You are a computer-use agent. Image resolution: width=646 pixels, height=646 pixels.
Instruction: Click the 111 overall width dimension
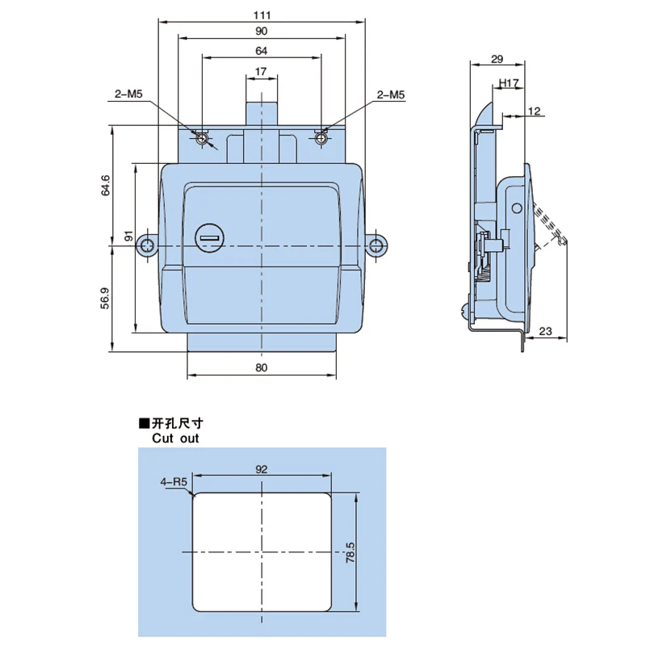coord(262,15)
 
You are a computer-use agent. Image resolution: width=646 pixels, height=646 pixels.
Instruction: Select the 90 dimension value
coord(261,31)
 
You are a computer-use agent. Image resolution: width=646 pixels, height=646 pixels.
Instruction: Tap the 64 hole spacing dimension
coord(261,51)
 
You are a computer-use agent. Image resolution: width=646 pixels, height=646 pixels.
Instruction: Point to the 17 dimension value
coord(261,72)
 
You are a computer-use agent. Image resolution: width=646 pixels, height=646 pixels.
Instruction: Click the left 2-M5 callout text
coord(128,94)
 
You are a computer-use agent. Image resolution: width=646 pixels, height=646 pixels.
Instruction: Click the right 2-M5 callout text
coord(391,95)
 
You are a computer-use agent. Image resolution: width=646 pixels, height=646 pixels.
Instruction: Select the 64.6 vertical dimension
coord(106,185)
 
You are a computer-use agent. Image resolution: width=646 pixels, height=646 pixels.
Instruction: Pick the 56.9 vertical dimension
coord(105,298)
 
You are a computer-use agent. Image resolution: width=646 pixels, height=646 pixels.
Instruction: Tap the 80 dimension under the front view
coord(261,367)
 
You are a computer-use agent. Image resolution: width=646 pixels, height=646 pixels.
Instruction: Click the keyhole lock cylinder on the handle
coord(210,238)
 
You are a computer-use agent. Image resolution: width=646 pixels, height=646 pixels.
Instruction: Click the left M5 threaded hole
coord(203,138)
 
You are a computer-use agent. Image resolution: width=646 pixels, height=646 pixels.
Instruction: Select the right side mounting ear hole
coord(375,246)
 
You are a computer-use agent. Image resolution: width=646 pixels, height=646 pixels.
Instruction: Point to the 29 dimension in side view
coord(497,59)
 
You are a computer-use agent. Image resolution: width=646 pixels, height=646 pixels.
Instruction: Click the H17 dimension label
coord(509,84)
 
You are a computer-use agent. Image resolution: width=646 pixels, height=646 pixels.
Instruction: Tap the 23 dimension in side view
coord(545,331)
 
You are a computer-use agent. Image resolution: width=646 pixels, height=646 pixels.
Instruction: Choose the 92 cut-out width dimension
coord(261,469)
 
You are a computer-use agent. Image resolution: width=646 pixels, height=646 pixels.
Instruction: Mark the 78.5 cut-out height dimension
coord(350,552)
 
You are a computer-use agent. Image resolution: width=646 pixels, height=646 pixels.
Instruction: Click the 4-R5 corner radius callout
coord(174,481)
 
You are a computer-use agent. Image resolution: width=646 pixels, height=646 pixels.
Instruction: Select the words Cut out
coord(175,438)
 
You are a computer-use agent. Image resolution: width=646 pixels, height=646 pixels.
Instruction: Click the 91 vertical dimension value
coord(128,236)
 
